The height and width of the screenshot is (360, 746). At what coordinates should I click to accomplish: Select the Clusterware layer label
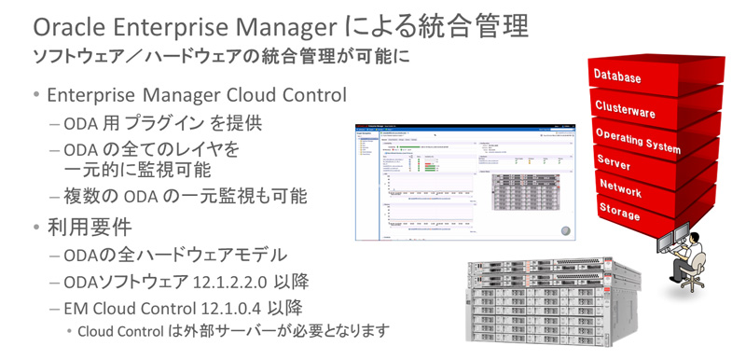pyautogui.click(x=625, y=108)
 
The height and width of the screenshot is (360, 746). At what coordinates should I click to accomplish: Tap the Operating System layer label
pyautogui.click(x=638, y=140)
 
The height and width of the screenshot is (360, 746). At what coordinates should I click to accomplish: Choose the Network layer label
pyautogui.click(x=620, y=187)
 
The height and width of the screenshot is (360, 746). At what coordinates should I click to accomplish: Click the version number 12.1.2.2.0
pyautogui.click(x=243, y=283)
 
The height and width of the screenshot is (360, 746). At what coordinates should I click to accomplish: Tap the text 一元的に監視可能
pyautogui.click(x=137, y=170)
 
